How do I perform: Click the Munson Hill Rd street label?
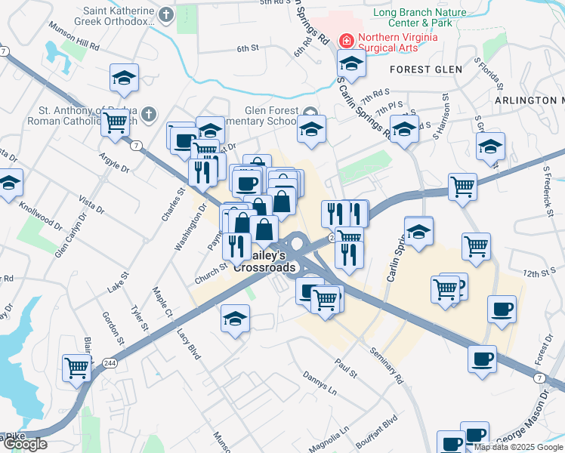click(x=74, y=41)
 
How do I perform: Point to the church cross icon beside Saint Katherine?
click(x=166, y=14)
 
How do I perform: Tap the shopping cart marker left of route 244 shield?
click(x=77, y=368)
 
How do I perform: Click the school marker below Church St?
click(x=235, y=318)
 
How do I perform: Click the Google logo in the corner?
click(x=24, y=444)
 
